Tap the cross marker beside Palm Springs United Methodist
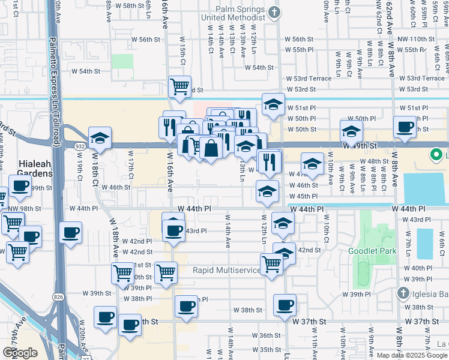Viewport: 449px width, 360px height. (274, 12)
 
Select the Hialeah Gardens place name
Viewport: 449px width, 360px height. (27, 169)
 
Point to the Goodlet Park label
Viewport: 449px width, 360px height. (367, 250)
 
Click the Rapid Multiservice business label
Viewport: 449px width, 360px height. (227, 270)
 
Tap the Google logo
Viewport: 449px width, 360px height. (20, 353)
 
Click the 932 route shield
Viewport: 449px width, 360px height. (79, 146)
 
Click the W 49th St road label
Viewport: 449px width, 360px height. (360, 146)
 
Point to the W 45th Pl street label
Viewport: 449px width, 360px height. (307, 196)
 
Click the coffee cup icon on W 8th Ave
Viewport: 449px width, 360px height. (405, 127)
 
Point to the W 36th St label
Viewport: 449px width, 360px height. (265, 335)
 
